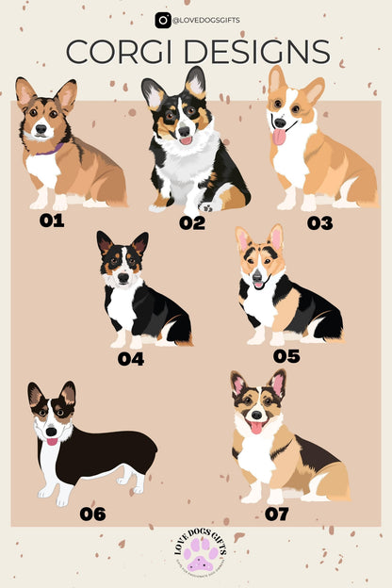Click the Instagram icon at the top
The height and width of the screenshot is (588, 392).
tap(163, 19)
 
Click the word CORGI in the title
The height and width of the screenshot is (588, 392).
tap(122, 52)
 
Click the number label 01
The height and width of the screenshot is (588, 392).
tap(52, 221)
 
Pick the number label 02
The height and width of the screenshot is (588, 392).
tap(191, 222)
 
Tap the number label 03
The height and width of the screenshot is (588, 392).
tap(319, 222)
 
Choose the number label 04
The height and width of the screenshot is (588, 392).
tap(130, 358)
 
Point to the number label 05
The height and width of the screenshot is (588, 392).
tap(286, 355)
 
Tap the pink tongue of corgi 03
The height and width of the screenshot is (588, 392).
tap(279, 138)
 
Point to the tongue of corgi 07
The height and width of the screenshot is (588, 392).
tap(254, 427)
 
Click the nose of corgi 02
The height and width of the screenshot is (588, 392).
tap(185, 131)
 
